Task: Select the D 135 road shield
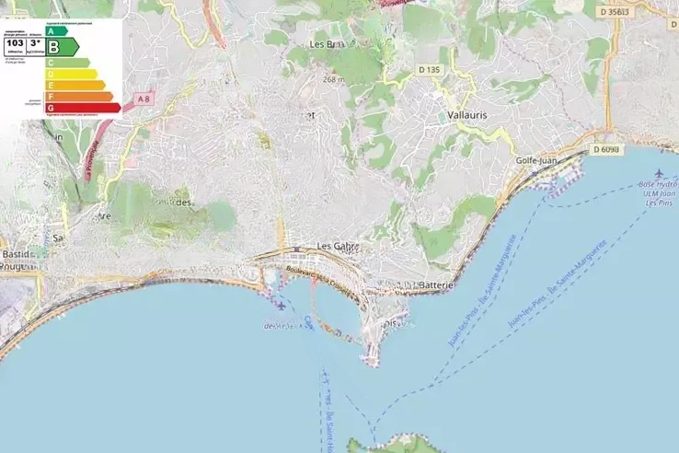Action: click(x=429, y=69)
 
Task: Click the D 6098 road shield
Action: click(x=606, y=149)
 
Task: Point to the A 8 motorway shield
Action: click(x=142, y=98)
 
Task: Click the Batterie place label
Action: click(x=436, y=285)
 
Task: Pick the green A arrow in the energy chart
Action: click(x=57, y=30)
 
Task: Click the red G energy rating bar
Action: click(x=83, y=108)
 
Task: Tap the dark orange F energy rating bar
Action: click(x=79, y=96)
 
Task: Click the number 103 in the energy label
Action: click(x=15, y=43)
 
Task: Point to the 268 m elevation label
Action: click(x=333, y=79)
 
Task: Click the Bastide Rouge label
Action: click(x=17, y=260)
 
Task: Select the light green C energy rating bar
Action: click(x=67, y=63)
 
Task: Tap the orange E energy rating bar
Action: click(x=75, y=85)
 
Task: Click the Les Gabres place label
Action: click(x=337, y=247)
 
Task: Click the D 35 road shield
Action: click(x=612, y=11)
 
